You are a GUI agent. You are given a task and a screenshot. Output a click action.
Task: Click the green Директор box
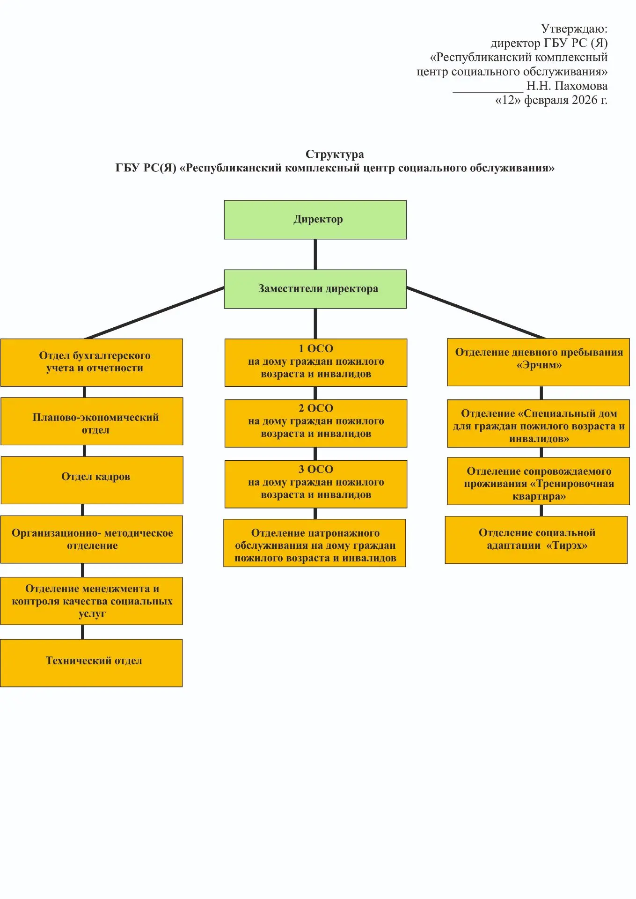[315, 220]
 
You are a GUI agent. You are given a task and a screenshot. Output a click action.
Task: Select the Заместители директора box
[315, 289]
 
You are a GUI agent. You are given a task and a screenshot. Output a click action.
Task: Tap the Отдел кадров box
[92, 480]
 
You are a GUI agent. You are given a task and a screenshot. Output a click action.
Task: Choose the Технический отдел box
[91, 663]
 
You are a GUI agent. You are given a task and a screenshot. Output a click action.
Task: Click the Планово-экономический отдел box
[92, 421]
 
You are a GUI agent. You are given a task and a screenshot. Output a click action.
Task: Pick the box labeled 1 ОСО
[315, 362]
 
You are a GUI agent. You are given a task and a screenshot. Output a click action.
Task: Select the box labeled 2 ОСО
[315, 423]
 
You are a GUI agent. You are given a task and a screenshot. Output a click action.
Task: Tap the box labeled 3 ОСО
[315, 484]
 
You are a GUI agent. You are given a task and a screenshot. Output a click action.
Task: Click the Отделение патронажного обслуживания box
[314, 543]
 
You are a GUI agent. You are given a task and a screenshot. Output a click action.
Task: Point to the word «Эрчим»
[539, 366]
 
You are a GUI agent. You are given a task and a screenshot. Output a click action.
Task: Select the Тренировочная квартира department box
[538, 481]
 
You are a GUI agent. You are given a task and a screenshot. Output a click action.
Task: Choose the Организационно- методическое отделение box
[92, 539]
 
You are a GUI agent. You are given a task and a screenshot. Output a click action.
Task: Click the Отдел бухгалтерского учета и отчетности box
[92, 362]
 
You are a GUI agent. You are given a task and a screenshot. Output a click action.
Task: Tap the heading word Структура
[334, 154]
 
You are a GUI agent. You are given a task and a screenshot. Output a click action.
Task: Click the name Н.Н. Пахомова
[567, 86]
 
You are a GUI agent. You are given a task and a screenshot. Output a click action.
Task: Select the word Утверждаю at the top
[574, 29]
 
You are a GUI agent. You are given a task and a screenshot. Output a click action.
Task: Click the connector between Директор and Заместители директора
[315, 254]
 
